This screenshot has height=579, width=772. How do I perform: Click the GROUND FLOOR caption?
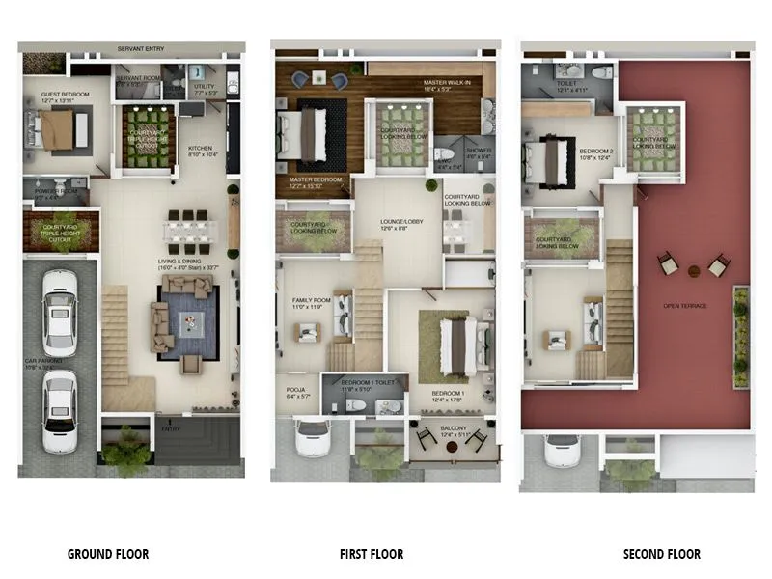point(107,554)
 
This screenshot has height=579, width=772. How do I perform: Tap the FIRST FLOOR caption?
point(372,554)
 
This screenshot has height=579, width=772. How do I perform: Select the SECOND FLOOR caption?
point(661,554)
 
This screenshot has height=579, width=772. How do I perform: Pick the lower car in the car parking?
point(59,410)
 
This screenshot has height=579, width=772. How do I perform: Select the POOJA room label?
point(295,389)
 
